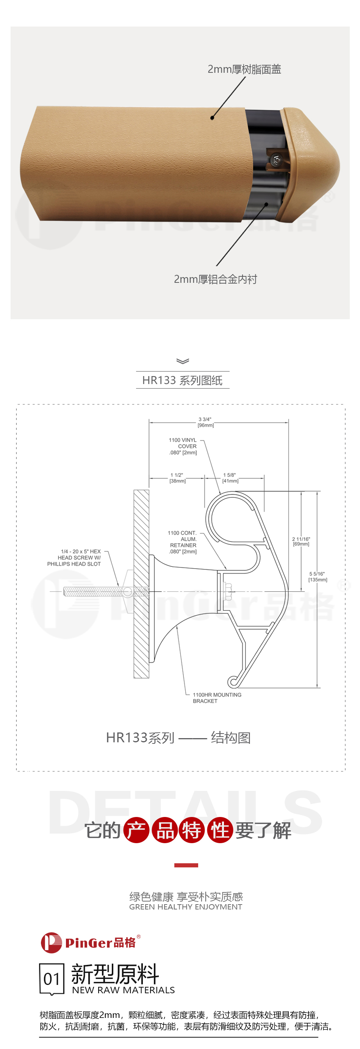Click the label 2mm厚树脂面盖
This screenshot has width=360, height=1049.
pyautogui.click(x=244, y=69)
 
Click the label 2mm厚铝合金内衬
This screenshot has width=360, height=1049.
pyautogui.click(x=215, y=279)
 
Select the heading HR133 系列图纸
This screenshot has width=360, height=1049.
pyautogui.click(x=182, y=380)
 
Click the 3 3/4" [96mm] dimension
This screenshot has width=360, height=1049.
pyautogui.click(x=205, y=422)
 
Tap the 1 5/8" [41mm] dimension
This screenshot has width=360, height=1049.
pyautogui.click(x=230, y=478)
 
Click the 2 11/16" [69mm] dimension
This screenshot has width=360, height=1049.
pyautogui.click(x=301, y=541)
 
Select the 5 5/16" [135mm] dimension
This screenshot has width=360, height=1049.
pyautogui.click(x=318, y=577)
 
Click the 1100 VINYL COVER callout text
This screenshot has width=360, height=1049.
pyautogui.click(x=183, y=446)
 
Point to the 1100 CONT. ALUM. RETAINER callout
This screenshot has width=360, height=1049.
pyautogui.click(x=182, y=542)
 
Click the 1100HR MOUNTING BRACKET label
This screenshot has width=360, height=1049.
pyautogui.click(x=217, y=698)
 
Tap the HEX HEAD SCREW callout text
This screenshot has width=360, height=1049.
pyautogui.click(x=74, y=558)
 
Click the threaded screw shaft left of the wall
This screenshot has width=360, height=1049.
pyautogui.click(x=94, y=591)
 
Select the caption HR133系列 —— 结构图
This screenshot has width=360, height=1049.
pyautogui.click(x=178, y=737)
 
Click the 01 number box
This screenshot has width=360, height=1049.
pyautogui.click(x=52, y=979)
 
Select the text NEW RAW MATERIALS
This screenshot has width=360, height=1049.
pyautogui.click(x=124, y=990)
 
